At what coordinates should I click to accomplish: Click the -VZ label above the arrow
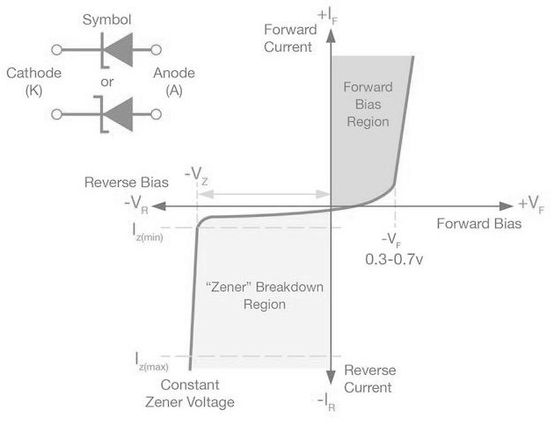click(x=199, y=175)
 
